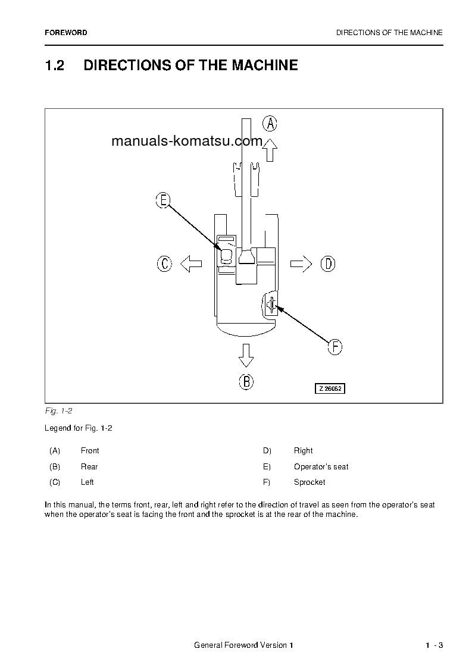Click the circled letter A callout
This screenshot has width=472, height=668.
tap(270, 123)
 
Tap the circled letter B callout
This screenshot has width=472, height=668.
tap(246, 381)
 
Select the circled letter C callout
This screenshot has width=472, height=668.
tap(164, 264)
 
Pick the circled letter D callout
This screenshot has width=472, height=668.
tap(328, 264)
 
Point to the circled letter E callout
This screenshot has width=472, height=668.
tap(163, 200)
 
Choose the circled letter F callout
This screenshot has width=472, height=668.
tap(335, 347)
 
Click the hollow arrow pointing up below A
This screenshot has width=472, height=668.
tap(270, 150)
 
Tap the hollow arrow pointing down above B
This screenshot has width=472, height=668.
tap(246, 355)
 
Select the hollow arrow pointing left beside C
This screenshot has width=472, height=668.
tap(191, 264)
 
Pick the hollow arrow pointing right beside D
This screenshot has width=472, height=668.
tap(301, 264)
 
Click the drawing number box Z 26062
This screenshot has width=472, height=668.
tap(330, 388)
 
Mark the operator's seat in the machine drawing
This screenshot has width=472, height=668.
tap(226, 256)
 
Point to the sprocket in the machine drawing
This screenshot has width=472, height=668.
tap(271, 305)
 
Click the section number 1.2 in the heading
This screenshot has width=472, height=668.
tap(54, 65)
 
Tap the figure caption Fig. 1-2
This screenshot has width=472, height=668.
tap(58, 411)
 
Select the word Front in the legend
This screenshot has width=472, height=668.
tap(90, 451)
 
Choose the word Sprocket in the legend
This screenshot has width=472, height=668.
tap(310, 482)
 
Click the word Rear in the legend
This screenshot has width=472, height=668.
tap(89, 467)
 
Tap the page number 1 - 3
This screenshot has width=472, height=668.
tap(434, 646)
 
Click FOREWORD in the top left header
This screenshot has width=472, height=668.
tap(65, 33)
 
